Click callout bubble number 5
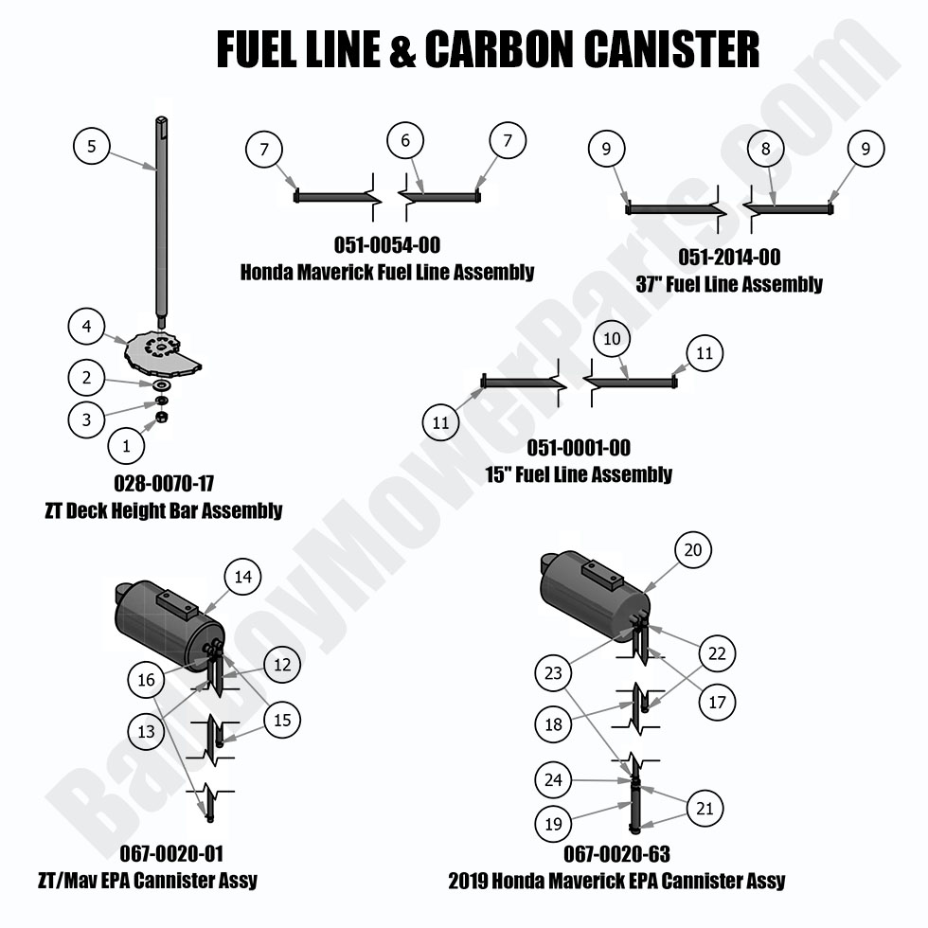click(x=91, y=146)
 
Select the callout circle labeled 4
click(x=86, y=327)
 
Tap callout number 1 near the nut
click(x=128, y=442)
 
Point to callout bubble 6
click(x=405, y=141)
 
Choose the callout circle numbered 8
click(x=765, y=148)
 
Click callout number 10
click(x=611, y=338)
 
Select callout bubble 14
click(x=241, y=576)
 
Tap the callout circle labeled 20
click(x=693, y=550)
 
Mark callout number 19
click(x=553, y=824)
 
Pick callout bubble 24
click(x=553, y=780)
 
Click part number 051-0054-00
click(x=386, y=246)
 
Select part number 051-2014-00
click(x=729, y=258)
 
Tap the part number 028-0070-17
click(x=163, y=483)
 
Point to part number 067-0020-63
click(x=616, y=854)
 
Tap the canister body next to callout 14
click(x=161, y=626)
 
